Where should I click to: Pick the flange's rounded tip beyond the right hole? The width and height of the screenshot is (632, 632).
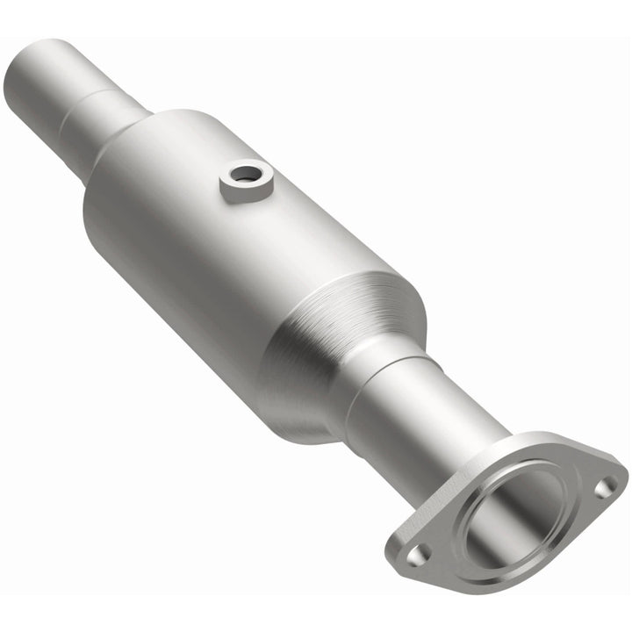(x=621, y=478)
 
